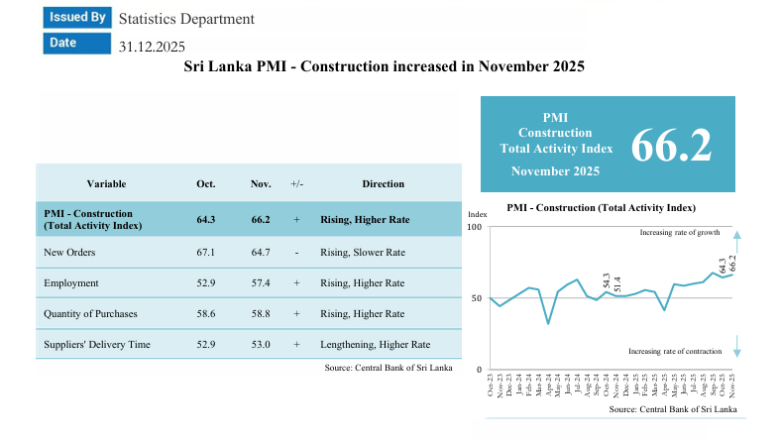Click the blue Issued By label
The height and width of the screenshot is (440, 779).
(76, 17)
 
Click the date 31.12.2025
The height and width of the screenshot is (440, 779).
(152, 46)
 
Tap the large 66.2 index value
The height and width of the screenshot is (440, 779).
(671, 145)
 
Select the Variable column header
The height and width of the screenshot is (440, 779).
(106, 183)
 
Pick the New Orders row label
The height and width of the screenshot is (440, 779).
(69, 253)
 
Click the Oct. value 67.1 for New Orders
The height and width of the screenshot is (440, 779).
(206, 253)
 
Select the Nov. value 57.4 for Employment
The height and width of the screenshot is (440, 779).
(261, 283)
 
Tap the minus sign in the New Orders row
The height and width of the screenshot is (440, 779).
(296, 253)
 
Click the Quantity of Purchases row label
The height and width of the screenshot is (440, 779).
(90, 314)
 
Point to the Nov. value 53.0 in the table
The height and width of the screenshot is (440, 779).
(261, 345)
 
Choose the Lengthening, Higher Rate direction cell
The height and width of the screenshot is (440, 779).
(376, 345)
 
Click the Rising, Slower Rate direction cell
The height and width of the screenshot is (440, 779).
(362, 253)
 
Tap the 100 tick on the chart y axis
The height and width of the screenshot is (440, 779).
(474, 228)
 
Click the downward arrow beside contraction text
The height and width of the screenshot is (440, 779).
(737, 346)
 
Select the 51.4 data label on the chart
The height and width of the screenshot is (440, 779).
(617, 282)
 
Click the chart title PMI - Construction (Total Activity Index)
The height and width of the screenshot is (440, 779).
(601, 208)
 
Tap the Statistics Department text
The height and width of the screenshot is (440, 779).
(186, 19)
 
